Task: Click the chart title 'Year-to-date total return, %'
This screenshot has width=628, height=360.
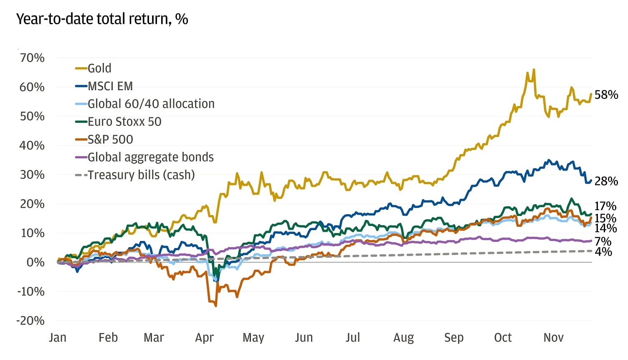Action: [x=102, y=19]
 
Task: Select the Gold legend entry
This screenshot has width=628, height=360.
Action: [x=99, y=68]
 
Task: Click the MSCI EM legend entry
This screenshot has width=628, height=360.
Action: [x=110, y=86]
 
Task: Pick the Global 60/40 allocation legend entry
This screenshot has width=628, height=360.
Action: [x=151, y=104]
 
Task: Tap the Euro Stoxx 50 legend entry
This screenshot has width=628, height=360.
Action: [x=124, y=122]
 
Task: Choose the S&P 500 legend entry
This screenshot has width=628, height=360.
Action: [x=110, y=139]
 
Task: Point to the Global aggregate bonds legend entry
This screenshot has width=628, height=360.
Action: [x=150, y=157]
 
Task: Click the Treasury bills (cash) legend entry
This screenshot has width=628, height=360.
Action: [x=141, y=175]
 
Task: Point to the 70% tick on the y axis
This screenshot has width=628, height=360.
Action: [x=32, y=58]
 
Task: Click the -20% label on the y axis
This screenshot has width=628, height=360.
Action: [x=30, y=321]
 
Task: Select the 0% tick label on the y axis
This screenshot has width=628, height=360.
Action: [x=35, y=262]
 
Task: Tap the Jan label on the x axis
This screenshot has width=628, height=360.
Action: [x=58, y=337]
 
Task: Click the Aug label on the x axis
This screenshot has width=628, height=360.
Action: [x=403, y=337]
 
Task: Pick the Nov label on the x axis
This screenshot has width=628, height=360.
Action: [x=553, y=337]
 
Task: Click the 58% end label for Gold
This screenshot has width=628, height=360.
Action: [x=606, y=95]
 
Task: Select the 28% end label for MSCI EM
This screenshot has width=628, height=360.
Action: [x=606, y=181]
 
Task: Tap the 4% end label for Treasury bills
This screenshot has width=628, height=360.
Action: [x=603, y=252]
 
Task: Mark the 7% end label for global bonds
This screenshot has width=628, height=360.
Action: [x=603, y=241]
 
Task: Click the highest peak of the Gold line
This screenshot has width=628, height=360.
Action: [x=534, y=70]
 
